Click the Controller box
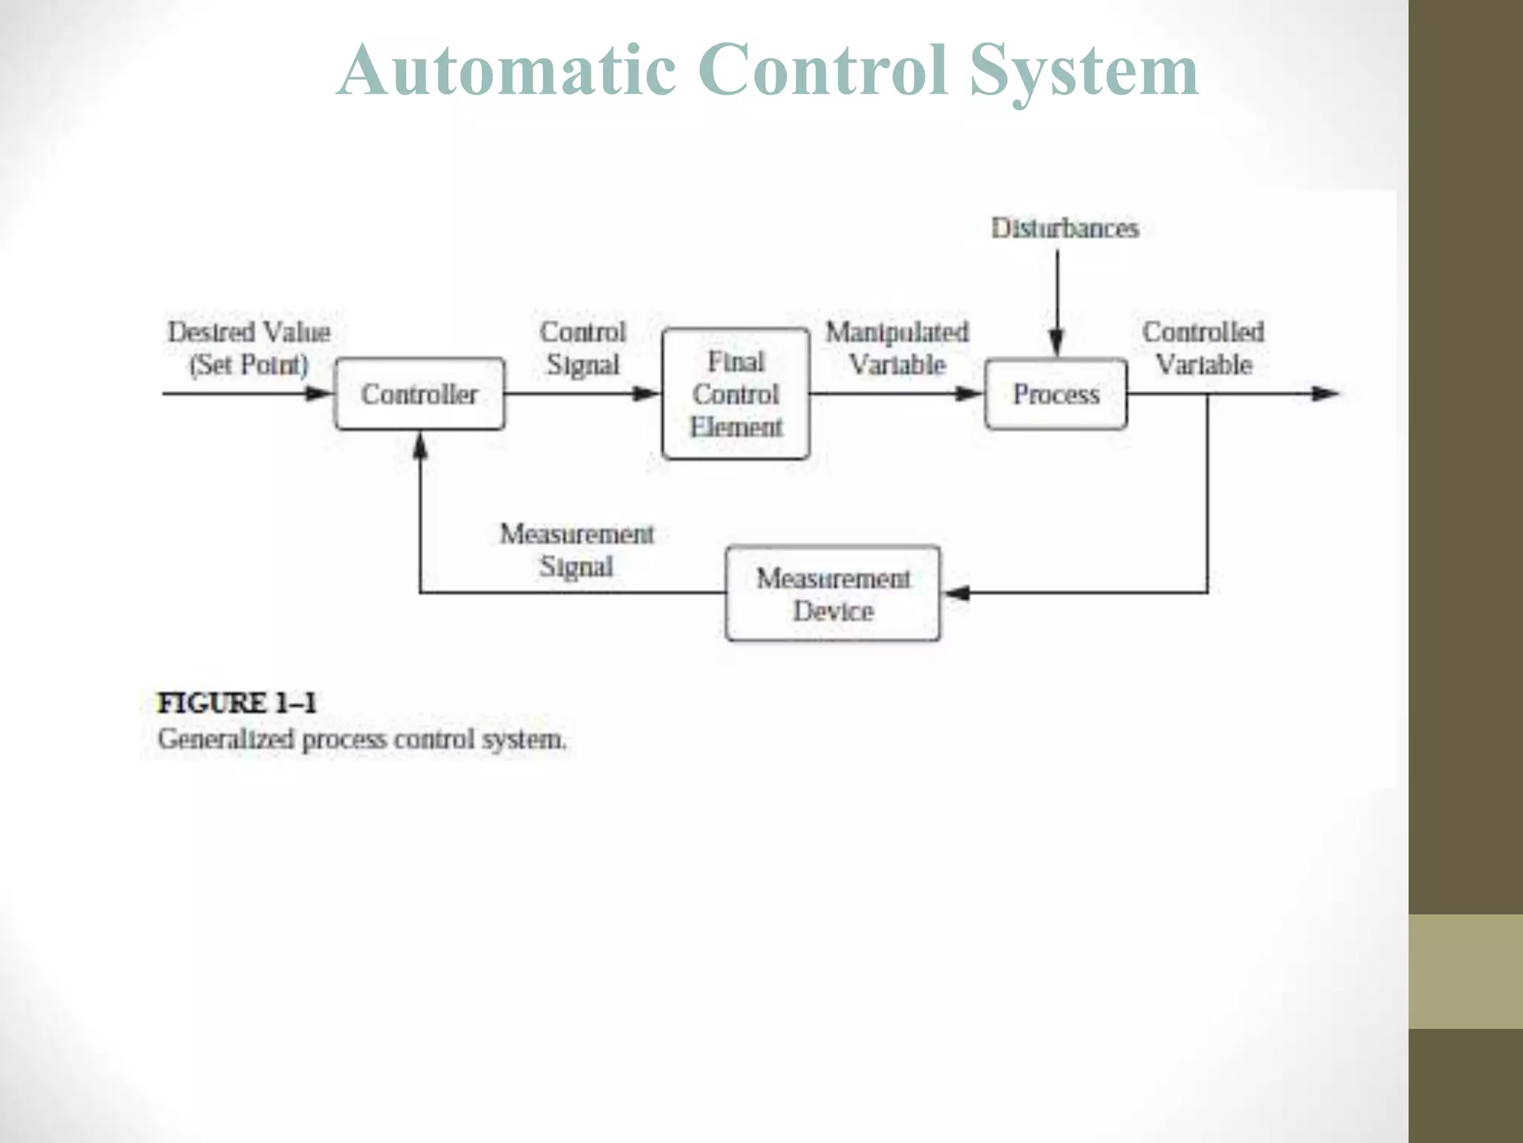(x=419, y=394)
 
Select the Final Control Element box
(x=735, y=394)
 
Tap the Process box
(x=1056, y=394)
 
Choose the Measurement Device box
(x=833, y=594)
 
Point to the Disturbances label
(x=1065, y=228)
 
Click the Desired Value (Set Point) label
(x=249, y=348)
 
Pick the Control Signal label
(x=583, y=348)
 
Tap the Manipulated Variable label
(x=898, y=348)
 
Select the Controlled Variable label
(x=1203, y=348)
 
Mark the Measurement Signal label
(x=577, y=550)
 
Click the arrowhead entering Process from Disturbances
(x=1057, y=344)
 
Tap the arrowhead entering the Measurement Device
(x=956, y=593)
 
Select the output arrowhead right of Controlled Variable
(x=1325, y=394)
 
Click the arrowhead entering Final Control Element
(x=647, y=394)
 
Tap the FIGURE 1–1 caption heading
(x=236, y=703)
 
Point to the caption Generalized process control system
(x=362, y=740)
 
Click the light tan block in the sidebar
(x=1466, y=971)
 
